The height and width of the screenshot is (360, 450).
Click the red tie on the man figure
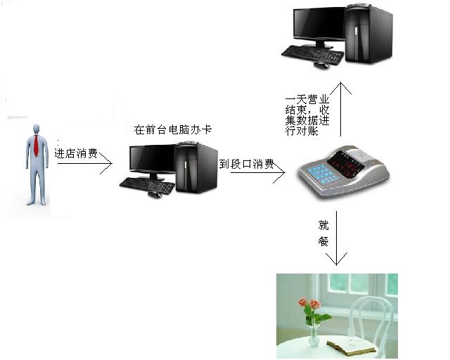click(x=36, y=146)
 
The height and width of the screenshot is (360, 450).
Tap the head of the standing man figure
click(x=36, y=129)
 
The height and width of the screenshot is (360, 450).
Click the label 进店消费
click(x=76, y=153)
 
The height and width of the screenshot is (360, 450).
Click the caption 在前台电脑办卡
click(x=173, y=130)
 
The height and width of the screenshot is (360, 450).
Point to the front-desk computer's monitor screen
click(x=153, y=159)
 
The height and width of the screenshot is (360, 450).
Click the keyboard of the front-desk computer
click(x=147, y=185)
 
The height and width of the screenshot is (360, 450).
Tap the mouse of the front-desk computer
click(x=155, y=195)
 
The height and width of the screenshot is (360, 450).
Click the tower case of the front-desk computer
click(x=196, y=167)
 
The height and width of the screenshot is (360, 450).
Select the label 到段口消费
click(x=247, y=164)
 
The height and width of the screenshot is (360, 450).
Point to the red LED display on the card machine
click(x=347, y=162)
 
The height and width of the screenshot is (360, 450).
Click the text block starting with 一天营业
click(x=307, y=115)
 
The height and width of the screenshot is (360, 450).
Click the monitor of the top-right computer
click(x=319, y=25)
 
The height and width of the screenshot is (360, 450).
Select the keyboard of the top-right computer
click(x=313, y=54)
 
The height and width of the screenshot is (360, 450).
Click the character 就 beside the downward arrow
click(x=323, y=225)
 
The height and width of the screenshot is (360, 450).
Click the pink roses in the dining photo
click(x=309, y=304)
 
